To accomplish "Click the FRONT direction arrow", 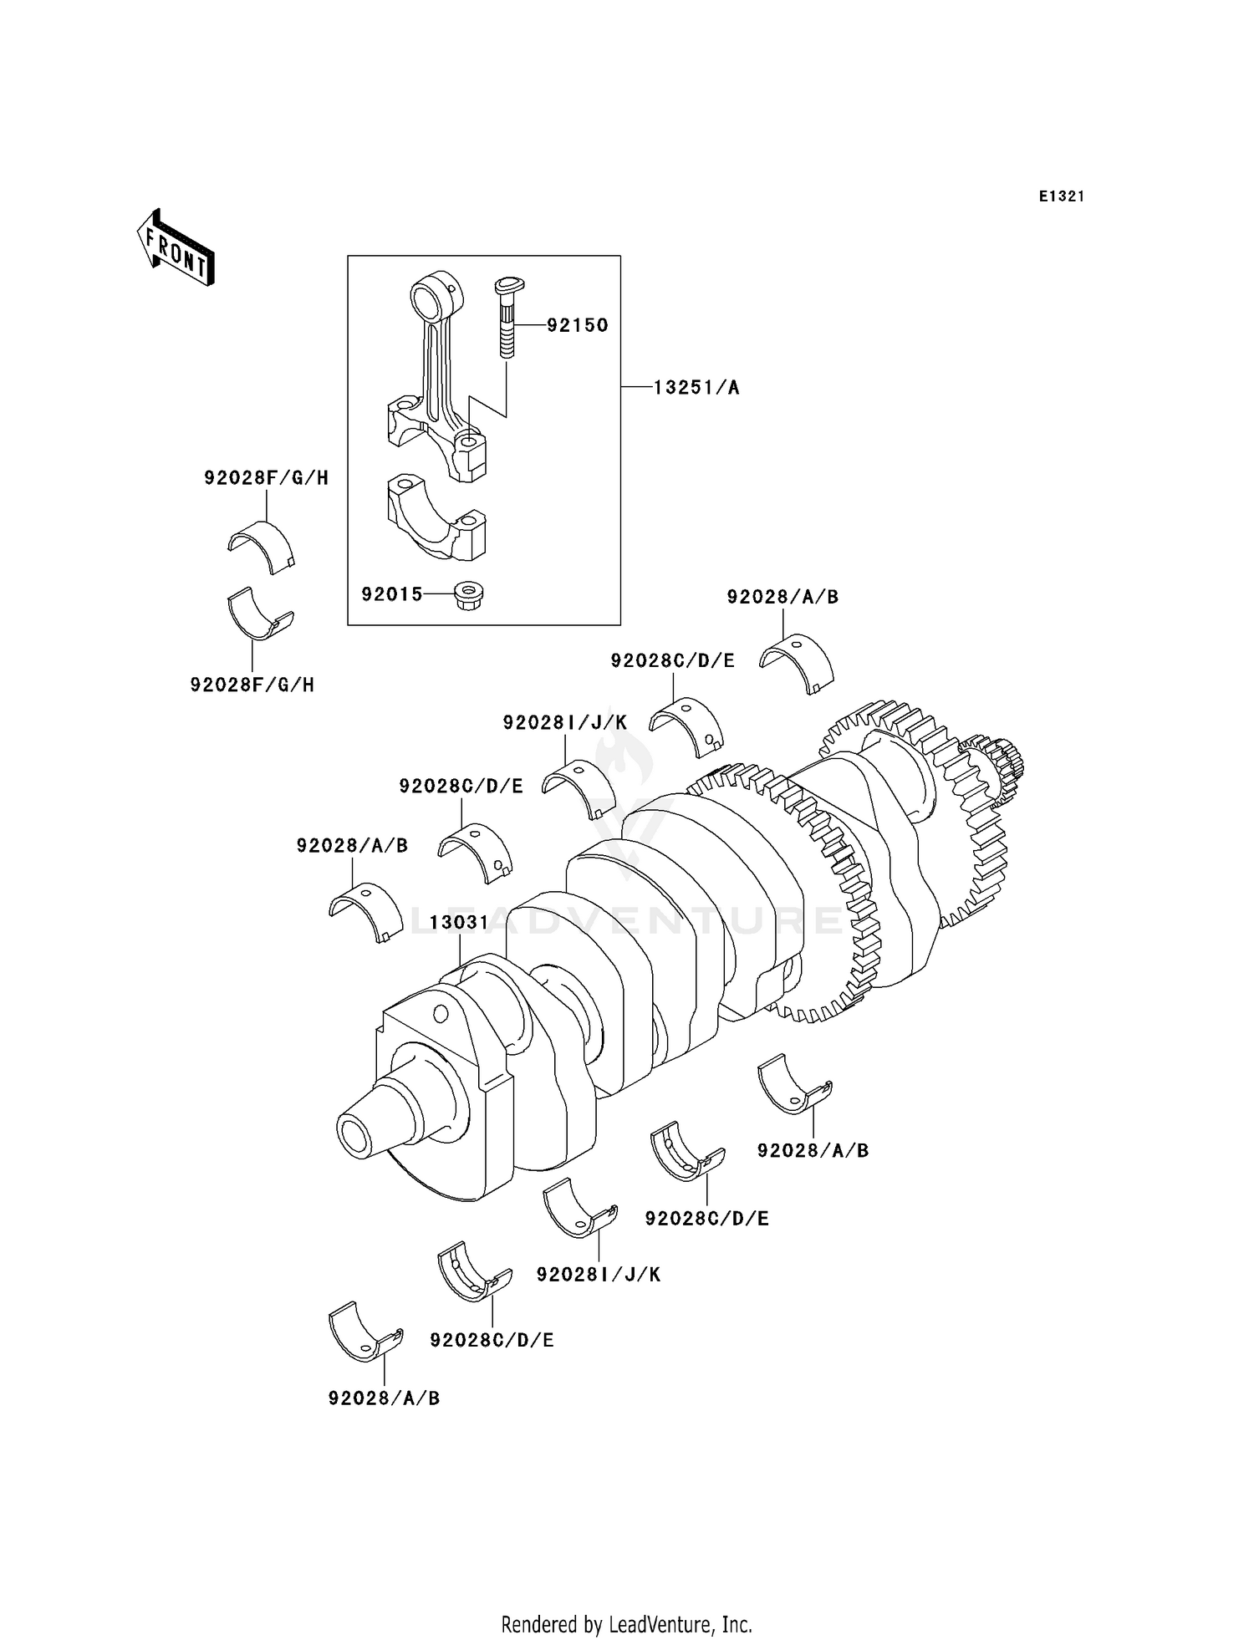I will click(x=176, y=250).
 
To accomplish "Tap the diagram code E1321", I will click(x=1062, y=196).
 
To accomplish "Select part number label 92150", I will click(x=577, y=325).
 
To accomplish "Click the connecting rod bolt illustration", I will click(x=507, y=317).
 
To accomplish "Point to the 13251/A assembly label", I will click(x=696, y=388).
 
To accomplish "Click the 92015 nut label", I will click(x=391, y=594).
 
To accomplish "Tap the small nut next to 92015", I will click(x=469, y=596).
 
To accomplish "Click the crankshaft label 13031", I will click(x=459, y=922).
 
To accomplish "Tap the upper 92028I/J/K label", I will click(x=564, y=722).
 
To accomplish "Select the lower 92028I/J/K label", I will click(x=599, y=1274).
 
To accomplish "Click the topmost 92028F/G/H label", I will click(x=266, y=478).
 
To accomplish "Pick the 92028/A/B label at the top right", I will click(x=782, y=597).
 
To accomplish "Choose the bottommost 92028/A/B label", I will click(x=384, y=1398).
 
